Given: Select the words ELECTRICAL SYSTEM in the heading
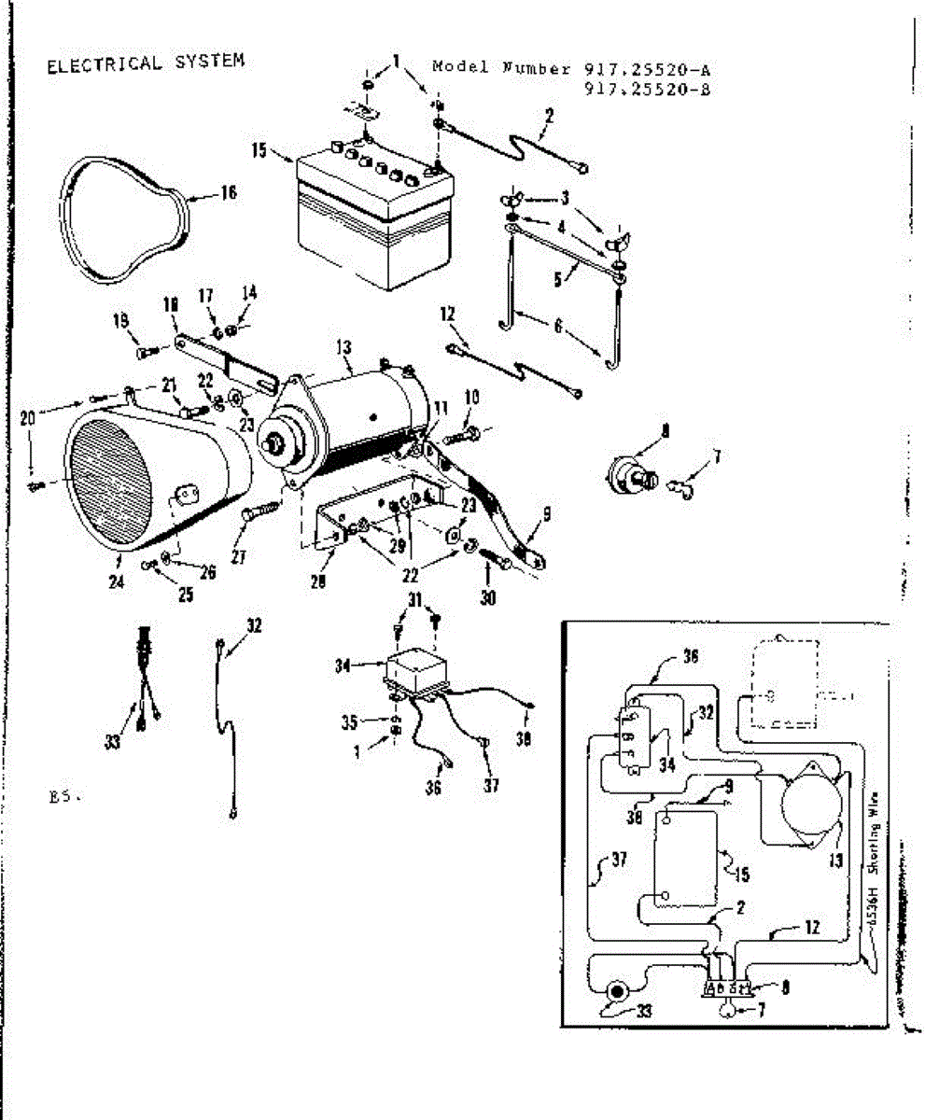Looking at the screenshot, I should click(145, 63).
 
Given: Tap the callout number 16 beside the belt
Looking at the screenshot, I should click(229, 193).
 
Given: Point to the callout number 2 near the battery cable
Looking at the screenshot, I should click(549, 116).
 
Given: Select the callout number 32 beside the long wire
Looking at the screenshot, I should click(255, 626).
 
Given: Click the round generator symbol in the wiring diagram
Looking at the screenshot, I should click(806, 802).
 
